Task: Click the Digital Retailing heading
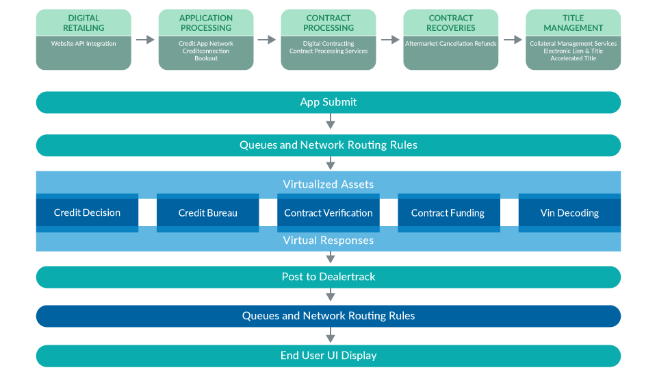pyautogui.click(x=83, y=23)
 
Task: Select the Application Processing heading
pyautogui.click(x=206, y=23)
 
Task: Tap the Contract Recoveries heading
pyautogui.click(x=451, y=23)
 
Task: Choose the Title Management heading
pyautogui.click(x=574, y=23)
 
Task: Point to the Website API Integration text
pyautogui.click(x=83, y=44)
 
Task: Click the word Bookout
pyautogui.click(x=206, y=59)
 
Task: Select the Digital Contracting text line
pyautogui.click(x=328, y=44)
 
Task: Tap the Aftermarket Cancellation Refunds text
pyautogui.click(x=451, y=44)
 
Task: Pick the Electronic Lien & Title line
pyautogui.click(x=574, y=51)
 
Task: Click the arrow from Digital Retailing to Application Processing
pyautogui.click(x=145, y=40)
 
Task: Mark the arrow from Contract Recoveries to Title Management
pyautogui.click(x=513, y=40)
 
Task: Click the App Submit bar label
pyautogui.click(x=328, y=102)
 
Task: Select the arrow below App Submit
pyautogui.click(x=331, y=123)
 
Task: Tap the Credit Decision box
pyautogui.click(x=87, y=213)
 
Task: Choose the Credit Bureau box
pyautogui.click(x=208, y=213)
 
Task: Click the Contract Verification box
pyautogui.click(x=328, y=213)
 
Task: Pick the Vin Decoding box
pyautogui.click(x=569, y=213)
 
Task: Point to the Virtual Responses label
pyautogui.click(x=328, y=241)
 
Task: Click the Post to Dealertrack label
pyautogui.click(x=328, y=277)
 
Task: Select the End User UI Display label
pyautogui.click(x=328, y=356)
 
